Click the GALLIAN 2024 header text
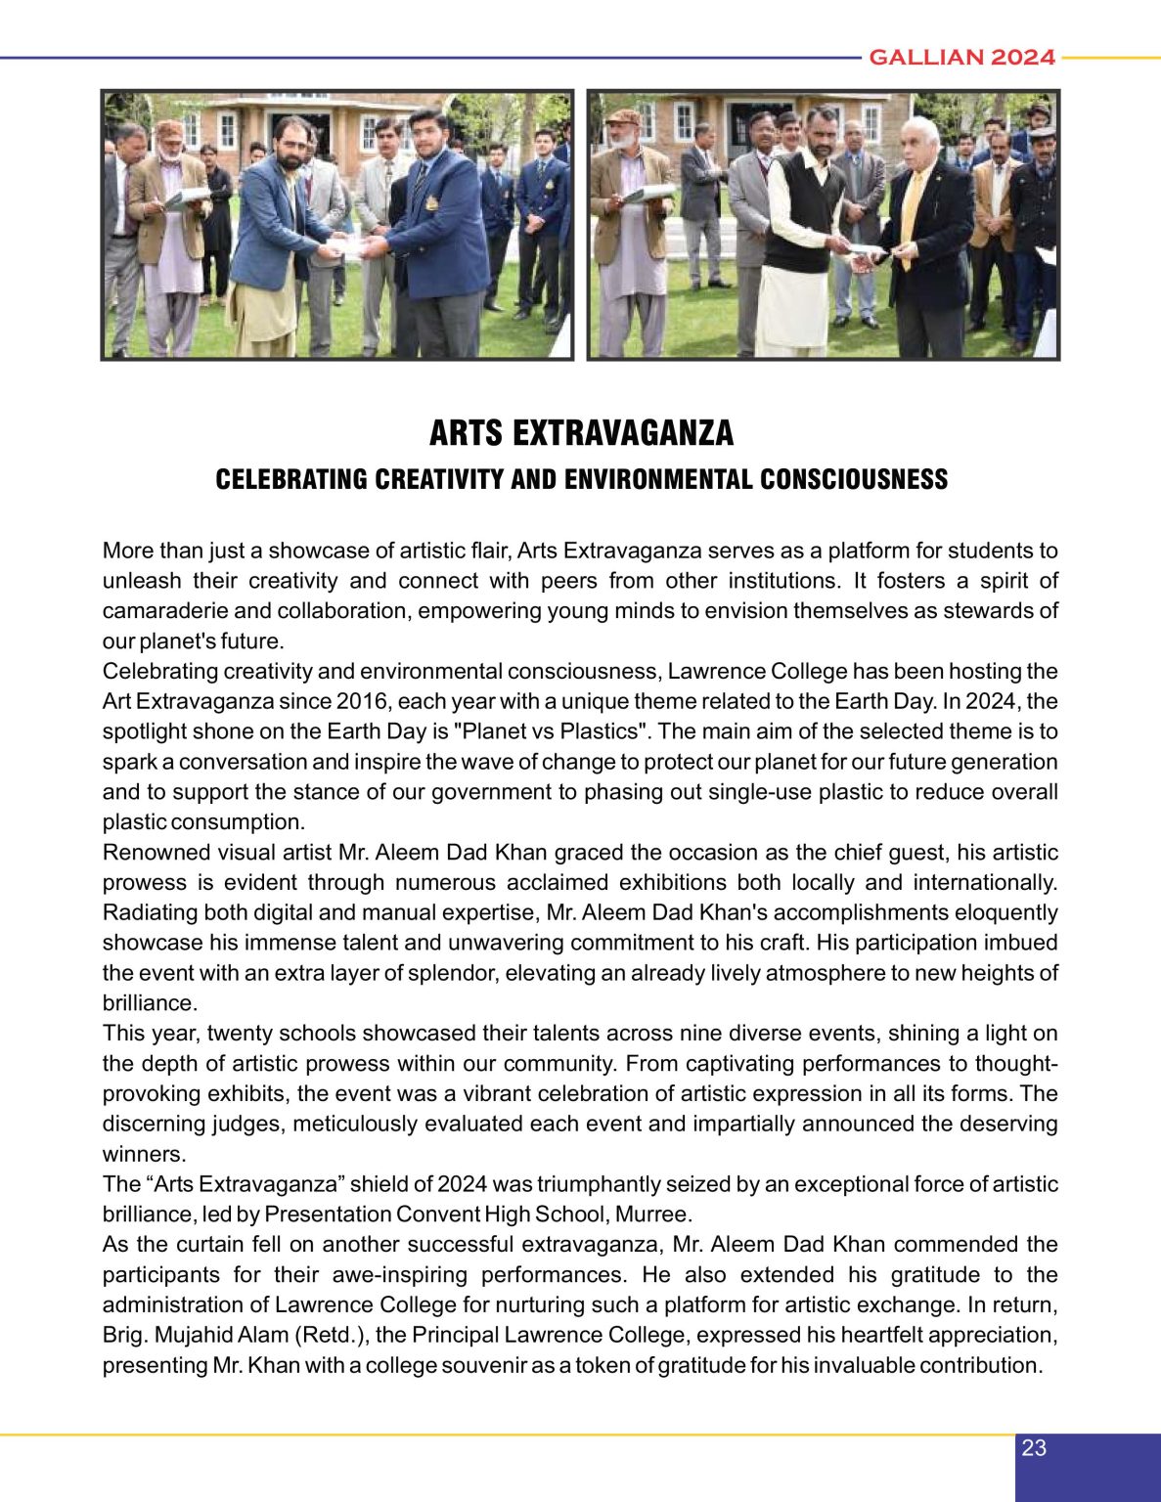pyautogui.click(x=961, y=58)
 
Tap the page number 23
pyautogui.click(x=1034, y=1448)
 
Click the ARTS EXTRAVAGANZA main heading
pyautogui.click(x=581, y=433)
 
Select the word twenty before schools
pyautogui.click(x=237, y=1034)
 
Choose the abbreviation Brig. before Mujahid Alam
pyautogui.click(x=124, y=1335)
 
